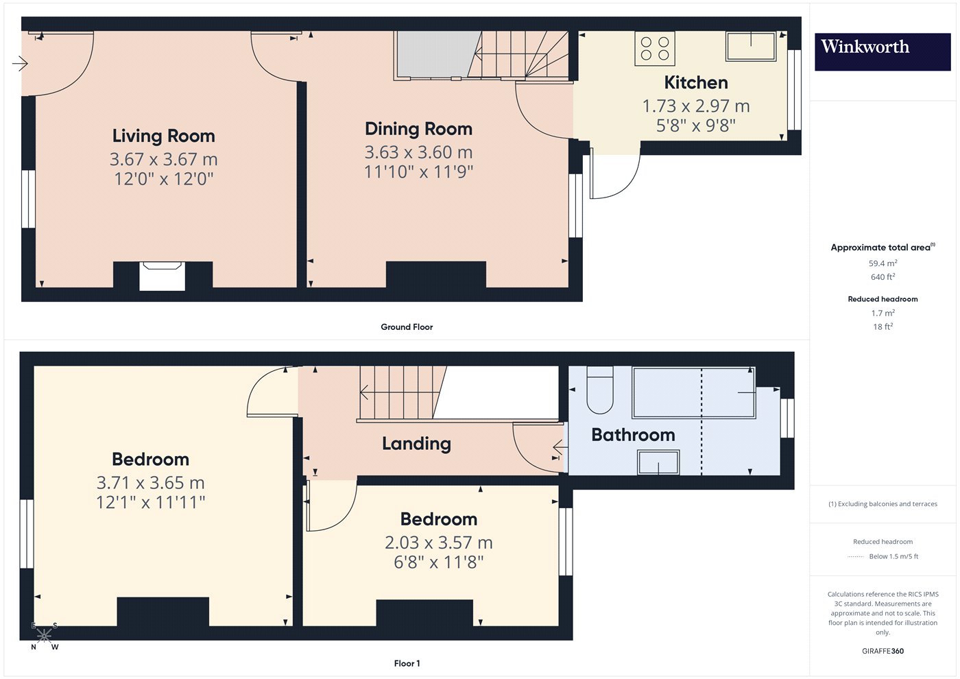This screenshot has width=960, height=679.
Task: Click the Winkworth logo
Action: pos(883,51)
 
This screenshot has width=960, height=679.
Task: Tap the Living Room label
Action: pos(164,136)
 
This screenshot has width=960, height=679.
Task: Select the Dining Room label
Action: pos(419,129)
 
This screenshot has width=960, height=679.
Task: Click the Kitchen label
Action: pos(696,83)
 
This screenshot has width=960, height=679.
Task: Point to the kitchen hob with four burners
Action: pos(655,48)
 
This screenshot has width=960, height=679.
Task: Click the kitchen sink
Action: pos(751,46)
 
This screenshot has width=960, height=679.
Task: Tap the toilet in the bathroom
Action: pos(600,390)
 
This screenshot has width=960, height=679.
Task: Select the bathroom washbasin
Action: pos(658,462)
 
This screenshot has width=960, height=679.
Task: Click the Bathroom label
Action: pos(634,435)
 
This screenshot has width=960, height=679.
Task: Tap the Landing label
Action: pos(417,444)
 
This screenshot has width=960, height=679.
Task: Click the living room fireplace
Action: pos(163,276)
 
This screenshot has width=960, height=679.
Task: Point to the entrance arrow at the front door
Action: pos(20,64)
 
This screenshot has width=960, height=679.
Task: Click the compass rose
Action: pos(44,636)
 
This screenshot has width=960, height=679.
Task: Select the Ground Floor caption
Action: pos(407,327)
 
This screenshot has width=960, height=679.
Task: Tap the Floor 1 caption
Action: pos(407,664)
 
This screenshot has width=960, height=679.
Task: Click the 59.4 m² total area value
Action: pos(883,263)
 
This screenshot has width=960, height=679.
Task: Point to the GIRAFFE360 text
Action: pos(883,651)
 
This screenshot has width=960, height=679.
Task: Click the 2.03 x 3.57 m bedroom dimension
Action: pos(439,543)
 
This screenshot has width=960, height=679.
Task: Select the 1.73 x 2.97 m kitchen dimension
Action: pos(696,106)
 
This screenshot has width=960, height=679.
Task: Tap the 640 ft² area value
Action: pos(883,277)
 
